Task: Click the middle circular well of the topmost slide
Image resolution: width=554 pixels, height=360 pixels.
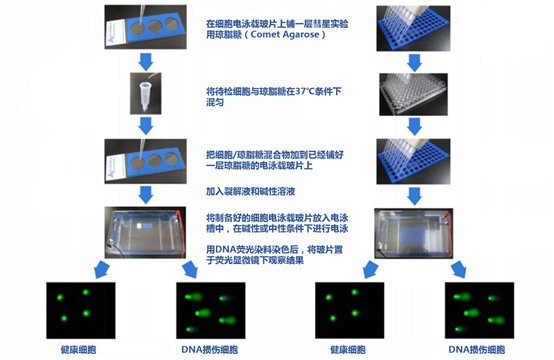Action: (151, 35)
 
